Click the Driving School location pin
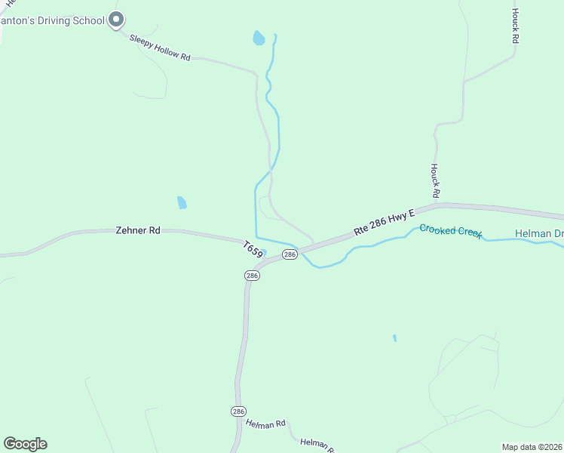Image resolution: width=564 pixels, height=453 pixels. pyautogui.click(x=115, y=19)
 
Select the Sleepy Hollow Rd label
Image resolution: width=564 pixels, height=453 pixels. pyautogui.click(x=159, y=48)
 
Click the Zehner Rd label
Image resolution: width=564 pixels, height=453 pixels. pyautogui.click(x=138, y=230)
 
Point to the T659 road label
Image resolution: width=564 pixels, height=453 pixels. pyautogui.click(x=253, y=250)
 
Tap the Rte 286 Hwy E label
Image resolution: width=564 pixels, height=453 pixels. pyautogui.click(x=385, y=223)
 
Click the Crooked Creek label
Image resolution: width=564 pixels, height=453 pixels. pyautogui.click(x=450, y=230)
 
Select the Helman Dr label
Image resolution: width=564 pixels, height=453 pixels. pyautogui.click(x=539, y=233)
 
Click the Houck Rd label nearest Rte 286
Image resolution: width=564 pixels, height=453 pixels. pyautogui.click(x=434, y=180)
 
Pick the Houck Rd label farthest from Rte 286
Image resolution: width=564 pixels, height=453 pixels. pyautogui.click(x=516, y=26)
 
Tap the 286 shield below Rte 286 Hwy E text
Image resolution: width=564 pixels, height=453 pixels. pyautogui.click(x=290, y=255)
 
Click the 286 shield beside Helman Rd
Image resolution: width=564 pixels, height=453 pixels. pyautogui.click(x=238, y=411)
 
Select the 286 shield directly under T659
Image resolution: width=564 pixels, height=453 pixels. pyautogui.click(x=252, y=276)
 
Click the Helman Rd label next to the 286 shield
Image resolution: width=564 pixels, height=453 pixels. pyautogui.click(x=265, y=424)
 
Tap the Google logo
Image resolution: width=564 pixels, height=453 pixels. pyautogui.click(x=25, y=444)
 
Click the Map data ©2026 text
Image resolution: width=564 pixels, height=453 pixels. pyautogui.click(x=532, y=447)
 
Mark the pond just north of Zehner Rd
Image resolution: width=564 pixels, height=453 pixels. pyautogui.click(x=181, y=202)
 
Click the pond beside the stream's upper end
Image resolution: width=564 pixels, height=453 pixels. pyautogui.click(x=259, y=38)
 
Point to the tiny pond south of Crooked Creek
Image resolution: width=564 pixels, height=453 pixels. pyautogui.click(x=394, y=338)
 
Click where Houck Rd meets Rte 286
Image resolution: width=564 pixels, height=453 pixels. pyautogui.click(x=437, y=204)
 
